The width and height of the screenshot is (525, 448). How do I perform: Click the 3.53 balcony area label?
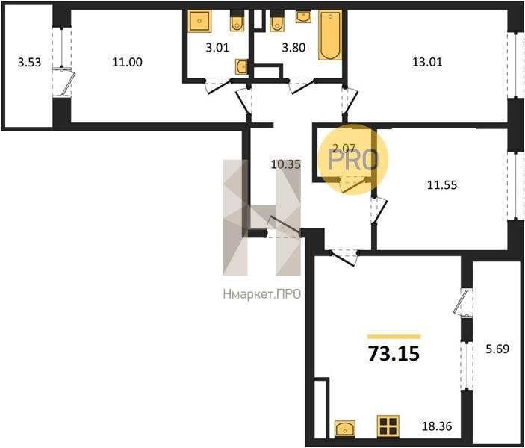pos(29,62)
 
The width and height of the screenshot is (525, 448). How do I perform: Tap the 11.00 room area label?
pos(127,62)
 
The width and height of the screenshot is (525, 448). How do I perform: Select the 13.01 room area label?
pos(427,62)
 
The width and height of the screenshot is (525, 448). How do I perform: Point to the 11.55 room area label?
pos(442,185)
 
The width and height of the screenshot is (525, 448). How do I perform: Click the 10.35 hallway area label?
pos(286,164)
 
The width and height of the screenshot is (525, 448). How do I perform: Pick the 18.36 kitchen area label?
pos(437,426)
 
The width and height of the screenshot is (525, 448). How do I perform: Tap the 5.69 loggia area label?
pos(497,349)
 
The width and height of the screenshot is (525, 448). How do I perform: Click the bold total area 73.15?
pos(394,354)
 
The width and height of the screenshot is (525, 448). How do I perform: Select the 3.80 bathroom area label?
pos(293,48)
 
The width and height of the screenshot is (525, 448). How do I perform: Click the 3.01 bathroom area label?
pos(217,48)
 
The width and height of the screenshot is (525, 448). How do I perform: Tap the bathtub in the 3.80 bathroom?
pos(330,35)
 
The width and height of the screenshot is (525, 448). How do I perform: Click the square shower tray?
pos(200,21)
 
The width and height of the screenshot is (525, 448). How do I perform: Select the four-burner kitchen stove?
pos(388,426)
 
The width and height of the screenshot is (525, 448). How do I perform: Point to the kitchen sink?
pos(345,429)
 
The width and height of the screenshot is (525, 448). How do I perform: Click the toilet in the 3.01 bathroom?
pos(237,21)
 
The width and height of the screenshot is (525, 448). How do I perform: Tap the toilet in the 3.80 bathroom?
pos(277,21)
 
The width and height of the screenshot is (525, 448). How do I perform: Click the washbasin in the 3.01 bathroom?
pos(242,66)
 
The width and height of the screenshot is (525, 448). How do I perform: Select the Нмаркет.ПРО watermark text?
pos(262,294)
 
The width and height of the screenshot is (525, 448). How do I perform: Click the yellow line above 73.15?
pos(394,337)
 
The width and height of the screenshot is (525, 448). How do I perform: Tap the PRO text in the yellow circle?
pos(353,161)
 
